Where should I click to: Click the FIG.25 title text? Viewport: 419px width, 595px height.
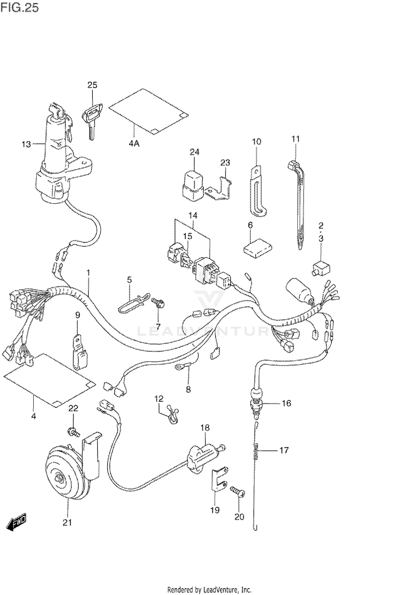20,8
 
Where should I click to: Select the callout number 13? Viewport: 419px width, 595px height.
26,144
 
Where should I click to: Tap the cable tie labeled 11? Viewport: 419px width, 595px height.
297,204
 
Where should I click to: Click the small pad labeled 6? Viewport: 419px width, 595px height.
258,247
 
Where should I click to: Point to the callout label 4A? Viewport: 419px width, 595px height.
134,144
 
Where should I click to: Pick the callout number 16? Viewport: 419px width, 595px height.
286,403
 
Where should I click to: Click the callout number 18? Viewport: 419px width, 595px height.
205,428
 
